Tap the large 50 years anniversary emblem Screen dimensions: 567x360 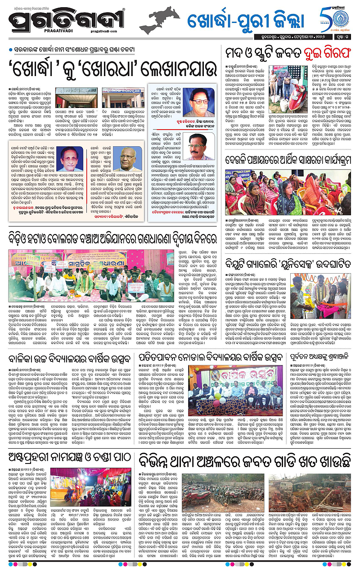point(333,18)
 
